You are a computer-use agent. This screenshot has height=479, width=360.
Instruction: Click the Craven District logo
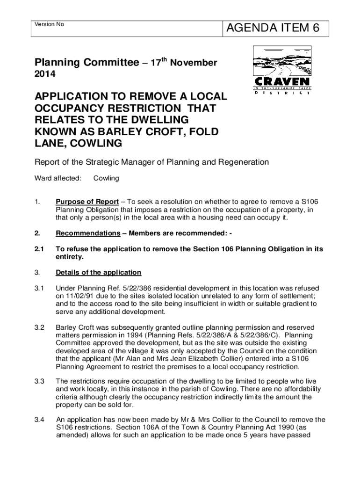282,70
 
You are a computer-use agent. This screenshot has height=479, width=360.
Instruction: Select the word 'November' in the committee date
193,63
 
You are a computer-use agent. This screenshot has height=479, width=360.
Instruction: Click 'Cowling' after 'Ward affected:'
106,178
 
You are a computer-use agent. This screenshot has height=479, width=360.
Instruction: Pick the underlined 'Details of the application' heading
98,273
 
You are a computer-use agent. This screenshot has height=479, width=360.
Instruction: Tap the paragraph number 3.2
40,327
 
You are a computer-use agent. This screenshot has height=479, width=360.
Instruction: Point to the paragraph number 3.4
40,420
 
